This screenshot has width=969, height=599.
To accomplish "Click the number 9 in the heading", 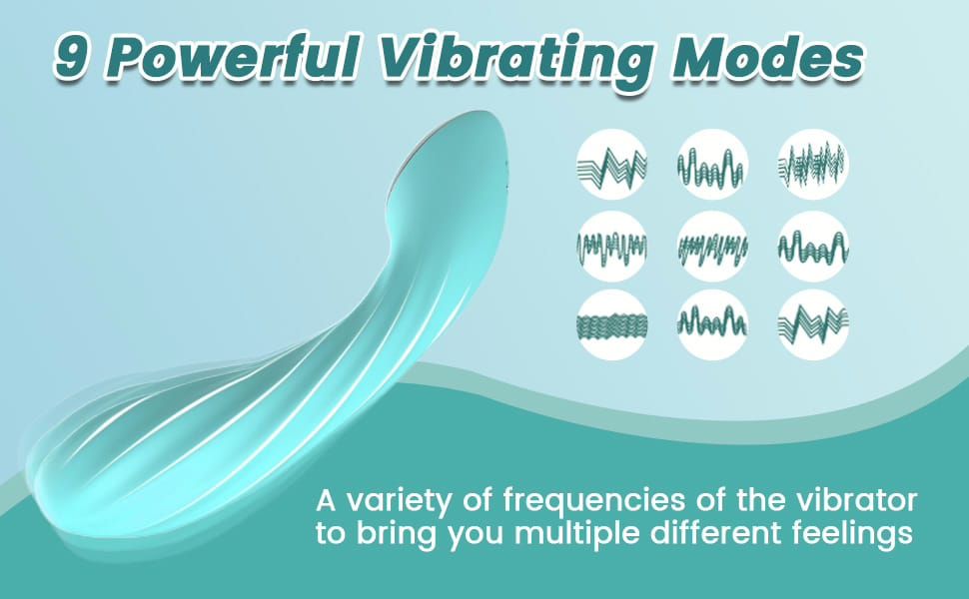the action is (71, 58).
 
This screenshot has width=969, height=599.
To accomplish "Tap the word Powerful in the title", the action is (235, 57).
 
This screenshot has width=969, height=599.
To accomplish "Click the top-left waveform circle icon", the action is (612, 165).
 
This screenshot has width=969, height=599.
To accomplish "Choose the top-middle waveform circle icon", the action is (712, 165).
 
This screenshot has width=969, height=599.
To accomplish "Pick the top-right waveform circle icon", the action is (813, 165).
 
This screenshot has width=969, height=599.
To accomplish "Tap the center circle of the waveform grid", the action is (712, 246).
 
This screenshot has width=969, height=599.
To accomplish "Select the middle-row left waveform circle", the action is (612, 246).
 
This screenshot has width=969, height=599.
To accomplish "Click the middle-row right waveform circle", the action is (813, 246).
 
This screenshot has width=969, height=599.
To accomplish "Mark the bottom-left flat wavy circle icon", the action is (612, 324).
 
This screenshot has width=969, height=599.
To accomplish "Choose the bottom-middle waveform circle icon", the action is (712, 324).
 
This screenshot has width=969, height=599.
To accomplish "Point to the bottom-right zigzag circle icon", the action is (813, 324).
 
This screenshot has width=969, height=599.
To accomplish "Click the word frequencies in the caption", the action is (593, 501).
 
